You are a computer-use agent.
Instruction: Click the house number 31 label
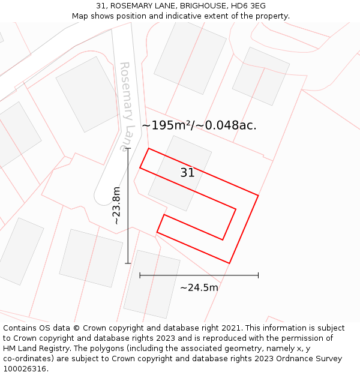(x=187, y=173)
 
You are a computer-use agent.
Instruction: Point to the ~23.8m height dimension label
(x=116, y=206)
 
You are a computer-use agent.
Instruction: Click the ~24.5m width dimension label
(x=199, y=287)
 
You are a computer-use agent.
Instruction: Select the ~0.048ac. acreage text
(x=230, y=125)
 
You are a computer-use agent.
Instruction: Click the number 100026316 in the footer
(x=26, y=369)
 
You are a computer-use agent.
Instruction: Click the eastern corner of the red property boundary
(x=258, y=195)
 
